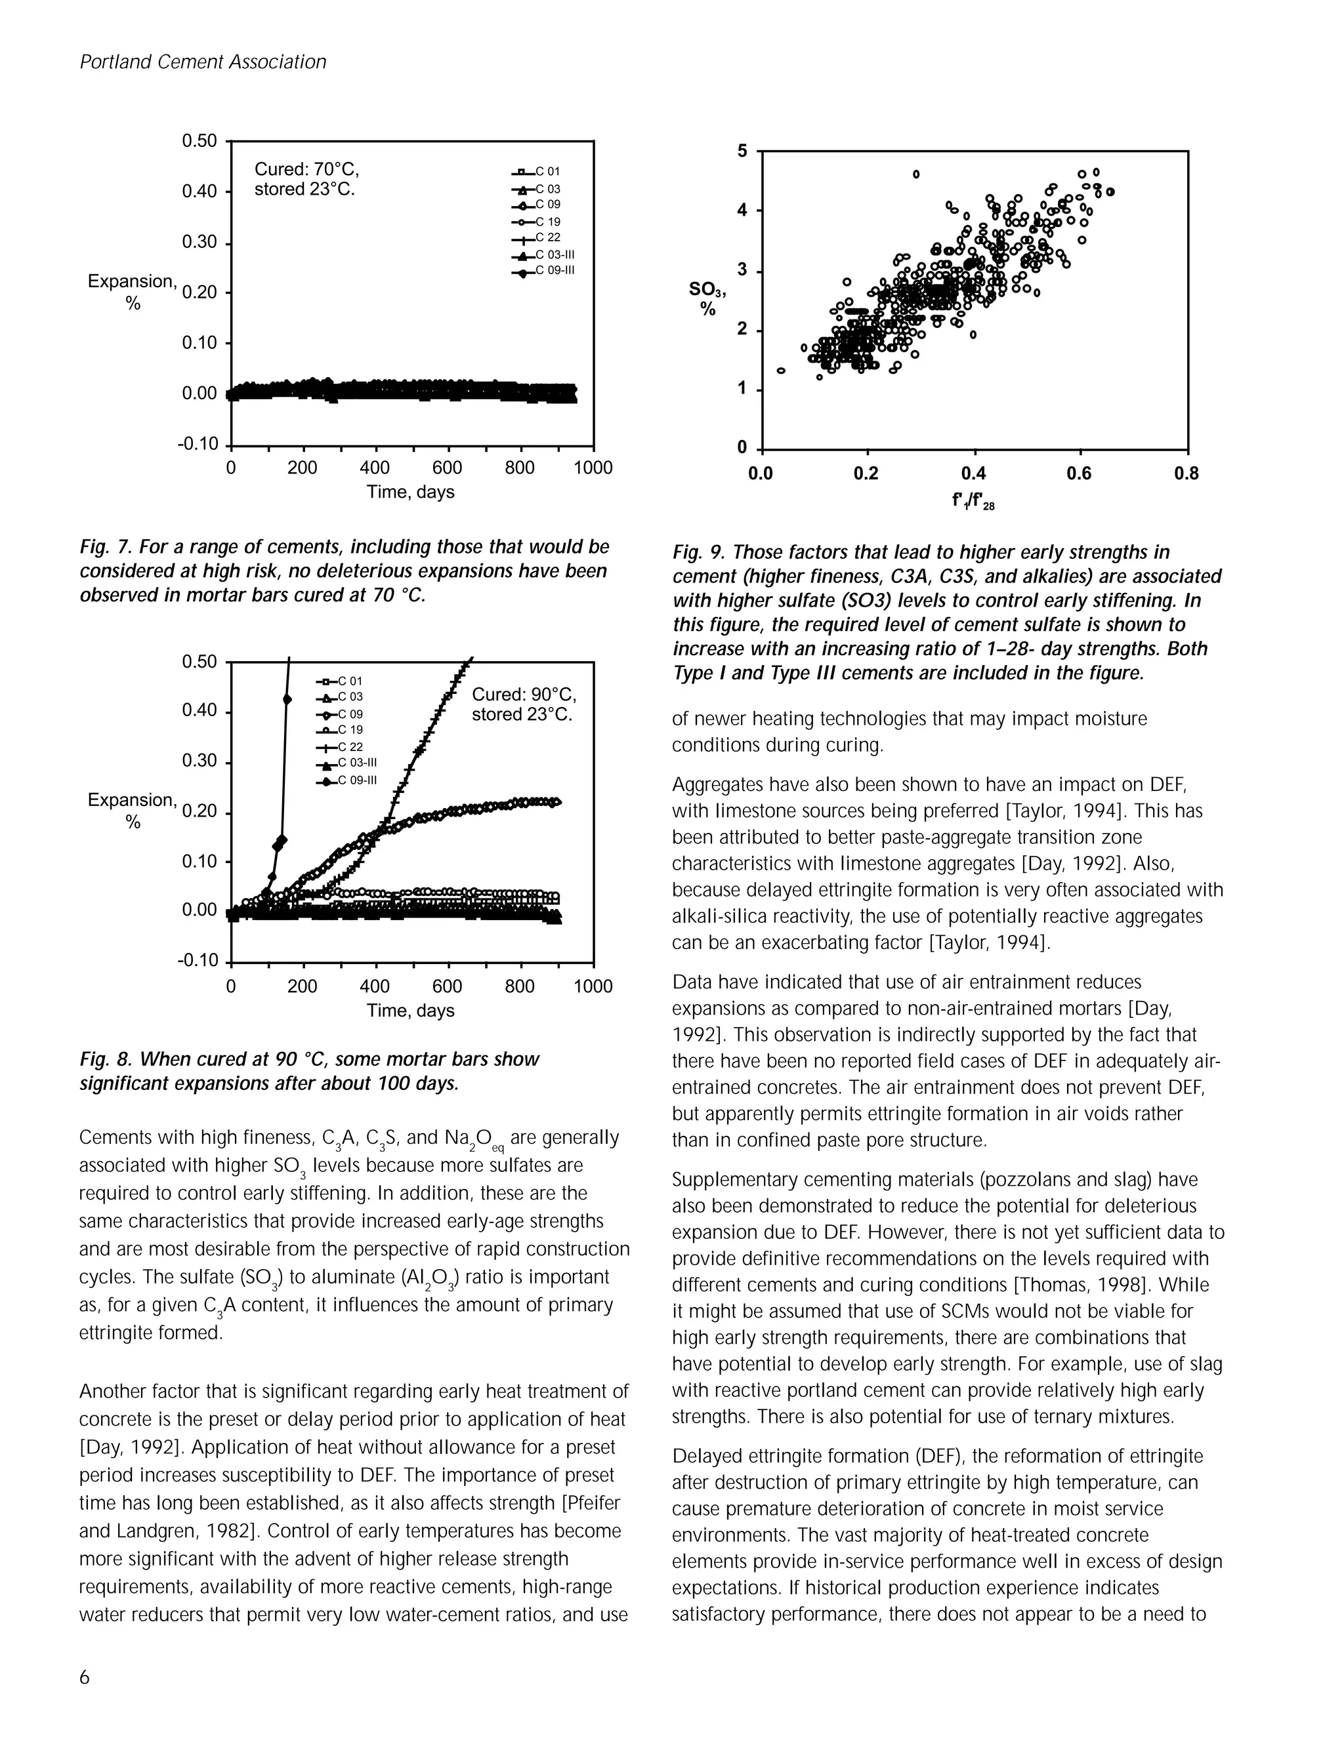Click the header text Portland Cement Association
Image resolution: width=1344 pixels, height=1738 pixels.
[x=202, y=62]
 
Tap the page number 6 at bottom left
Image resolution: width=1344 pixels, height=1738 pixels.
[x=85, y=1678]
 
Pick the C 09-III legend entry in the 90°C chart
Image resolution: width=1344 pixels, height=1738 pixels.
[x=350, y=780]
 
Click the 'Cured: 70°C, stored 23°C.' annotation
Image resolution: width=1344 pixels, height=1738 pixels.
[x=306, y=179]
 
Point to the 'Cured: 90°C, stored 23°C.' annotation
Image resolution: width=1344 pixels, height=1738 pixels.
[x=523, y=704]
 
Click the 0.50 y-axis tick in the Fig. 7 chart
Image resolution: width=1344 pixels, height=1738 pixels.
[x=198, y=142]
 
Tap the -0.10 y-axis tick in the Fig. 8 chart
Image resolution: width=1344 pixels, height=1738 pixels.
[x=198, y=961]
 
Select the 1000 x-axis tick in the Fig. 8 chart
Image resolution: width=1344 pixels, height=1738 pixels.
[x=593, y=987]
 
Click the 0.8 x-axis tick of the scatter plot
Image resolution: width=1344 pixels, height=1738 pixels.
[x=1186, y=474]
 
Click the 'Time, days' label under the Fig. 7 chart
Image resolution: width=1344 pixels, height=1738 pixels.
[x=410, y=492]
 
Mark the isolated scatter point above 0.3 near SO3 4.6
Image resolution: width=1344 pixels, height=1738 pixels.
[x=915, y=174]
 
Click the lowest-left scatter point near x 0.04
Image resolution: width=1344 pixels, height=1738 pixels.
[x=781, y=371]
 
